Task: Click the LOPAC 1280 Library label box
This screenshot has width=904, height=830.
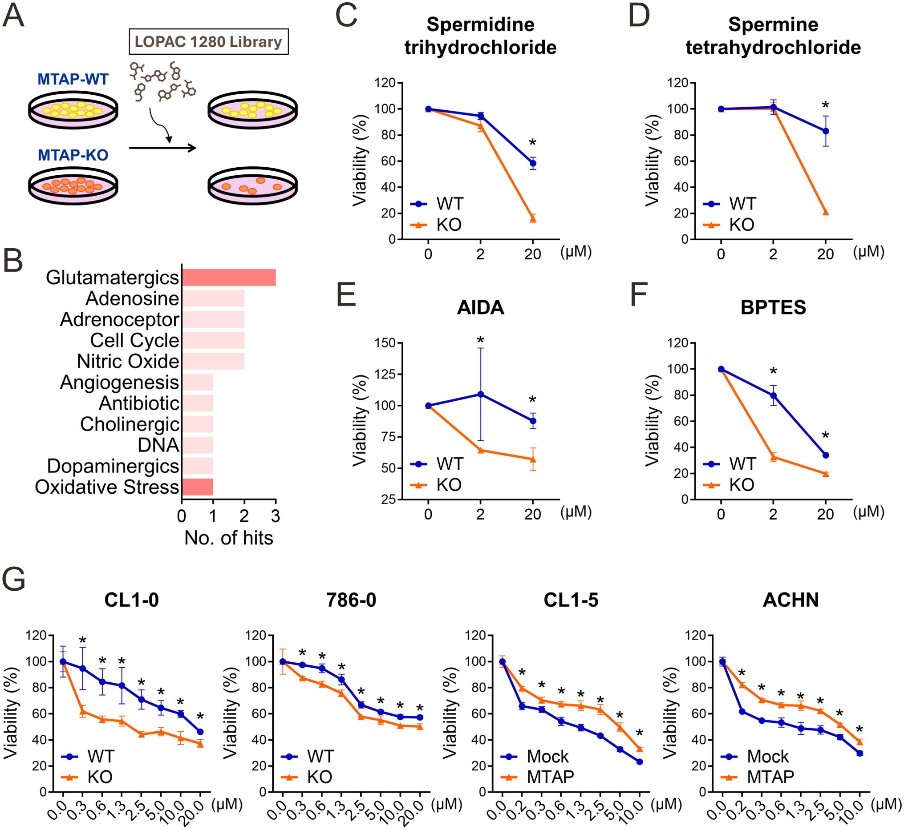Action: click(x=208, y=42)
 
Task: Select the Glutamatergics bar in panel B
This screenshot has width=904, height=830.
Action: click(x=228, y=278)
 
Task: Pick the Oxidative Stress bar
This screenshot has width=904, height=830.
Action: click(x=197, y=487)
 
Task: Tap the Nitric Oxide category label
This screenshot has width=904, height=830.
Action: click(x=128, y=362)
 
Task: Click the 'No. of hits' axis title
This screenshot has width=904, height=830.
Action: click(x=228, y=538)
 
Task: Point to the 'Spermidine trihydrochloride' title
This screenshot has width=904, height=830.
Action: click(x=480, y=36)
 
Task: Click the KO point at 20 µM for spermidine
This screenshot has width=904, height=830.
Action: click(x=533, y=219)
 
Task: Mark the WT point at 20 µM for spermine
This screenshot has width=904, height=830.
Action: click(x=825, y=131)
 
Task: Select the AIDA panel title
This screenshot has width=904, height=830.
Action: click(x=480, y=308)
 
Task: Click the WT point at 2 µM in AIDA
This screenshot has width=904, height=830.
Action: click(x=481, y=395)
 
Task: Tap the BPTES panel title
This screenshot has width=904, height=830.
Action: click(x=773, y=308)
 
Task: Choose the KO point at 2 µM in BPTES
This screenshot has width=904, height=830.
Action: click(x=773, y=458)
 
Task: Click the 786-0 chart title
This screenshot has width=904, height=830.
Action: click(x=352, y=600)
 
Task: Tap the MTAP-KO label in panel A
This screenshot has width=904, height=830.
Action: click(x=73, y=155)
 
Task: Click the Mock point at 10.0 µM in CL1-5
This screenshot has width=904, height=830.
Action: click(x=639, y=762)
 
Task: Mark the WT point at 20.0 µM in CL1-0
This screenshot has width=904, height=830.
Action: click(x=200, y=732)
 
